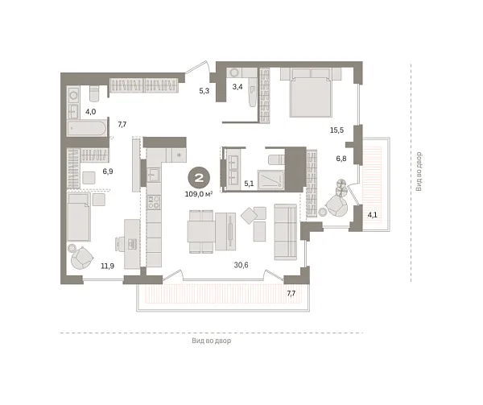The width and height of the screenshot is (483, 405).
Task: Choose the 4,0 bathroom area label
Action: [91, 111]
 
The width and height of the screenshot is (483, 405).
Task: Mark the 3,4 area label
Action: [237, 85]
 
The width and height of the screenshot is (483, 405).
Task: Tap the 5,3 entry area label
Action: [204, 91]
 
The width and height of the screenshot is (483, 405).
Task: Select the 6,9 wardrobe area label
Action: [108, 172]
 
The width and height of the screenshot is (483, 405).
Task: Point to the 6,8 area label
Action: [341, 159]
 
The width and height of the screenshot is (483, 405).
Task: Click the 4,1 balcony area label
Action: [372, 215]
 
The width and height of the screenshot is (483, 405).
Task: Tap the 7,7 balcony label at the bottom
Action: [291, 295]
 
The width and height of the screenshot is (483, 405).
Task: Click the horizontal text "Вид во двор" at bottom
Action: [212, 341]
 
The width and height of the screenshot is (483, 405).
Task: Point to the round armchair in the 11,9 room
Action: [81, 258]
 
